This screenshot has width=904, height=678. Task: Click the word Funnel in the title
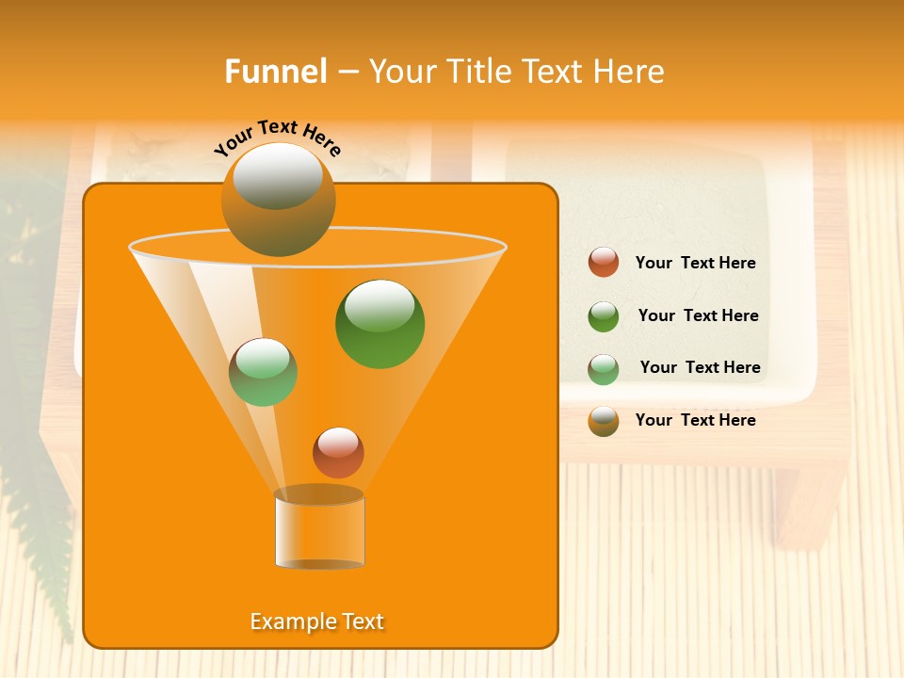pos(275,72)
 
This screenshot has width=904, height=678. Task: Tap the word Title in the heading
pos(479,72)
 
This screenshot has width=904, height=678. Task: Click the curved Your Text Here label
pos(278,137)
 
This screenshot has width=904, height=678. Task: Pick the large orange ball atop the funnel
pos(279,200)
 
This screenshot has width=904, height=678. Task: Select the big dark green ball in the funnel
pos(380,324)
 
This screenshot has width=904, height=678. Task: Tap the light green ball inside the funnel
pos(263,372)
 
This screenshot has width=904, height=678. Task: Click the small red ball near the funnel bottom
pos(338,452)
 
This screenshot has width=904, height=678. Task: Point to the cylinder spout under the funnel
pos(319,531)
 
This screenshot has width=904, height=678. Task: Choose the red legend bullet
pos(604,263)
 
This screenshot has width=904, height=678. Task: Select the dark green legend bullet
pos(604,316)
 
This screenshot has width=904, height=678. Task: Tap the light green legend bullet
pos(604,369)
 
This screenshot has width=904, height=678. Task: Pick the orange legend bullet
pos(604,421)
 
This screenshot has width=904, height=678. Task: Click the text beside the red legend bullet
pos(695,264)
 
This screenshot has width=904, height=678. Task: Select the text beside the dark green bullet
pos(698,316)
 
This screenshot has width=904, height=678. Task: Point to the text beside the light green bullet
pos(700,368)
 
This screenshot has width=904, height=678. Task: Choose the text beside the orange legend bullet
pos(695,421)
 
